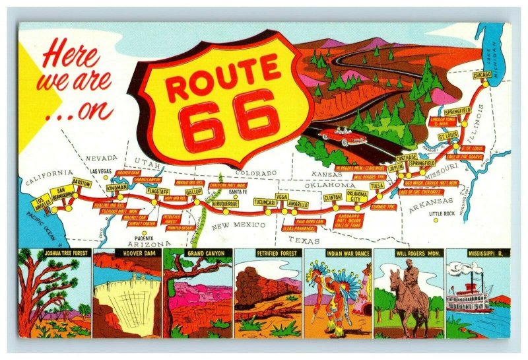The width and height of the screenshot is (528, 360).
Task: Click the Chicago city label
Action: coord(482,76)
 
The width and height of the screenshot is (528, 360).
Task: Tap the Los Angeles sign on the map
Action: coord(43,200)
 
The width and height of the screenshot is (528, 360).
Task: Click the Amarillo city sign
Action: coord(297,205)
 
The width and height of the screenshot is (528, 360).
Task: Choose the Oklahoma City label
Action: coord(357,196)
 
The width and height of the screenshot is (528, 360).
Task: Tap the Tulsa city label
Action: coord(377,186)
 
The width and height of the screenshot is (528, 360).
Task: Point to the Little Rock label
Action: coord(442,214)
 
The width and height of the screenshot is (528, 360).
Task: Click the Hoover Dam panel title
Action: coord(127,253)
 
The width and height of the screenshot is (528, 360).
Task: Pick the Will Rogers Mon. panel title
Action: coord(409,253)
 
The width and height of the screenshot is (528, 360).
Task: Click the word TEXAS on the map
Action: coord(304,240)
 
